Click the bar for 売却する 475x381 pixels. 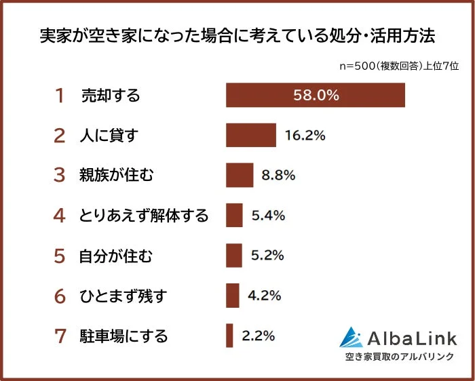pos(315,95)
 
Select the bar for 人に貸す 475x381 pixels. pos(250,135)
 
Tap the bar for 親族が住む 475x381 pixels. pos(239,175)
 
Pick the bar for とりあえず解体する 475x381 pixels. pos(234,215)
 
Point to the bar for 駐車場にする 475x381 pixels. pos(229,335)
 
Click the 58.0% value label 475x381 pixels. pos(316,95)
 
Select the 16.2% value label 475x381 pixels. pos(305,135)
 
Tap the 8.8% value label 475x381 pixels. pos(278,175)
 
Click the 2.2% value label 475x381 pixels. pos(258,335)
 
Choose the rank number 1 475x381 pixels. pos(60,96)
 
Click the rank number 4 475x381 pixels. pos(60,216)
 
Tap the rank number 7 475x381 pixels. pos(60,336)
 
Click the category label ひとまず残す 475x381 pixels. pos(123,296)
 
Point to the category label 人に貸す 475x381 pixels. pos(109,136)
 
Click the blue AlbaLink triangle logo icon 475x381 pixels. pos(351,338)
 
